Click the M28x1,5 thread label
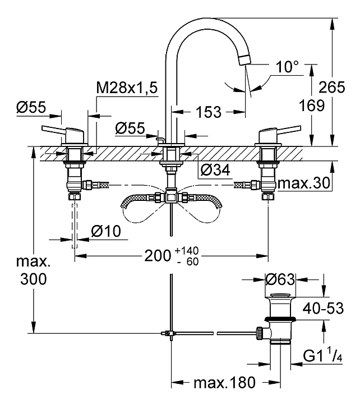click(127, 88)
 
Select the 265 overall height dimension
click(331, 87)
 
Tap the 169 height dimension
click(312, 105)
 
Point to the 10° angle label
click(287, 67)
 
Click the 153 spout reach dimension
click(209, 112)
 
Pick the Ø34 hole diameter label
click(215, 170)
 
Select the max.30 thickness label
click(304, 183)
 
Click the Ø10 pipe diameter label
click(106, 231)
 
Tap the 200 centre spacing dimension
click(158, 256)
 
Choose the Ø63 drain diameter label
click(280, 279)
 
